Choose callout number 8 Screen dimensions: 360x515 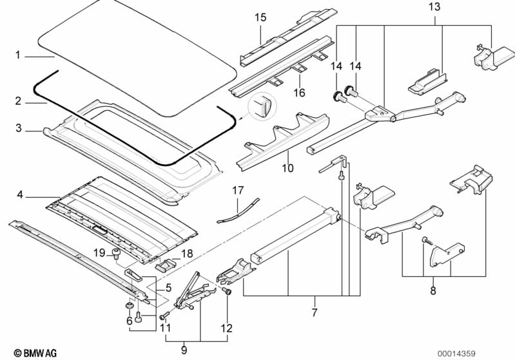[x=432, y=291]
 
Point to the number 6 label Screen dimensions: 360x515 [x=129, y=321]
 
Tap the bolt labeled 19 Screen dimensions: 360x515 [x=117, y=253]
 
